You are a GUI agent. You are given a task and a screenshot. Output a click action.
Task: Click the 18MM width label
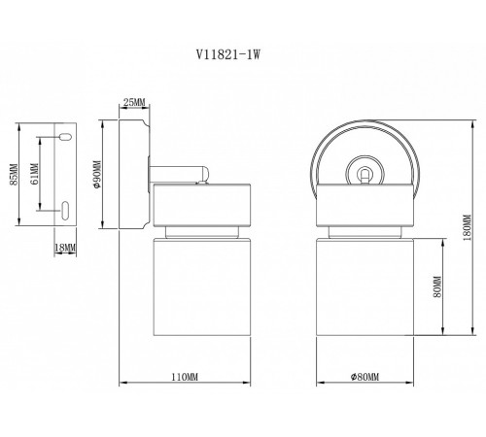pos(65,249)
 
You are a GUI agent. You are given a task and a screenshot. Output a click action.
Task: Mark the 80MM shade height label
pos(438,288)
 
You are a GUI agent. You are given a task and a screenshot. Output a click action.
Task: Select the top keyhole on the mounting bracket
pos(64,138)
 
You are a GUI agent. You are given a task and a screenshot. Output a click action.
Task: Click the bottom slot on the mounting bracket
pos(64,209)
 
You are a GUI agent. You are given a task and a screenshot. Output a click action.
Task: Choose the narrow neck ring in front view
pos(364,234)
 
